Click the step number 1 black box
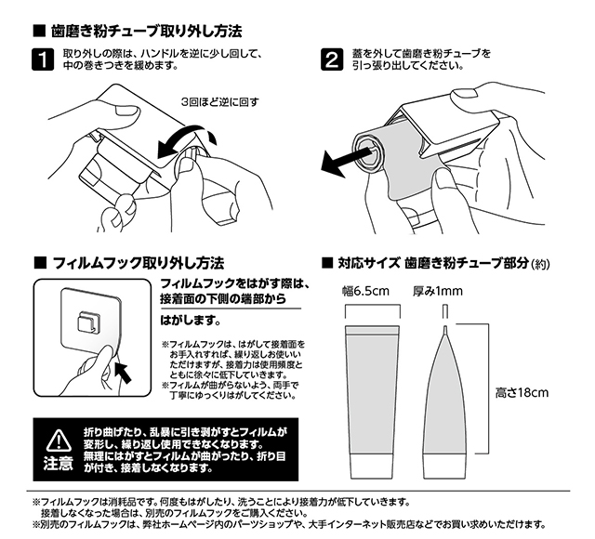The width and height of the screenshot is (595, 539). tap(43, 59)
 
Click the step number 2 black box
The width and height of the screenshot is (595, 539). tap(332, 59)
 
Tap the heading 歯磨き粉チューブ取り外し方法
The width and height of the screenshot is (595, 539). tap(146, 31)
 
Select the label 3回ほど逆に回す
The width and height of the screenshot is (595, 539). tap(220, 102)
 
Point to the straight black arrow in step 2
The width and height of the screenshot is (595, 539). tap(345, 161)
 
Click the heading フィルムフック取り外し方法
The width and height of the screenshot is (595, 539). tap(139, 263)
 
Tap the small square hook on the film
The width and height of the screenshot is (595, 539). tap(86, 322)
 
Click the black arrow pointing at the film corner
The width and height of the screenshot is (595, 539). tap(123, 372)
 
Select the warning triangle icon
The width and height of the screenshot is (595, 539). tap(59, 440)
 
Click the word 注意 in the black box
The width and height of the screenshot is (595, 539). tap(58, 464)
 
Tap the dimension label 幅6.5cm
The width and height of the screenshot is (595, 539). tap(365, 291)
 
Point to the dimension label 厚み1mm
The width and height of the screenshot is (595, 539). tap(438, 291)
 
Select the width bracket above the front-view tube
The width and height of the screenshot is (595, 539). tap(373, 304)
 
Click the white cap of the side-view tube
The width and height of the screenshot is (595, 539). tap(443, 466)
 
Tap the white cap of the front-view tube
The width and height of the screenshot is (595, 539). tap(373, 466)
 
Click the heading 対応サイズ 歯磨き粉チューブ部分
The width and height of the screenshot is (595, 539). tap(433, 263)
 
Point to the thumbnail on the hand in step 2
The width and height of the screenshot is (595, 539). tap(461, 94)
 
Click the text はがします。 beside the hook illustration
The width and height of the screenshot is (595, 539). tap(191, 321)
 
